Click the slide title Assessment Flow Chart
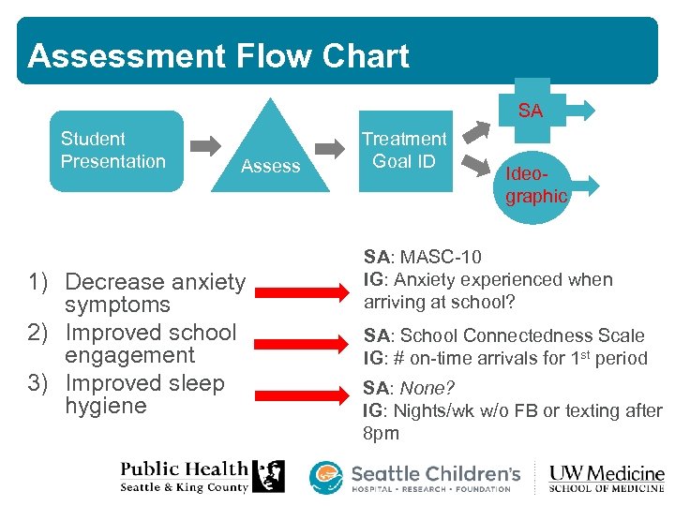[x=218, y=56]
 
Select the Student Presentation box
[x=115, y=151]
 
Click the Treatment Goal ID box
[x=404, y=150]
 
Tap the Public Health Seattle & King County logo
[x=202, y=476]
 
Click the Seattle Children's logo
[x=416, y=477]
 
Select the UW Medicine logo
[x=607, y=477]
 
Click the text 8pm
[x=381, y=434]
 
